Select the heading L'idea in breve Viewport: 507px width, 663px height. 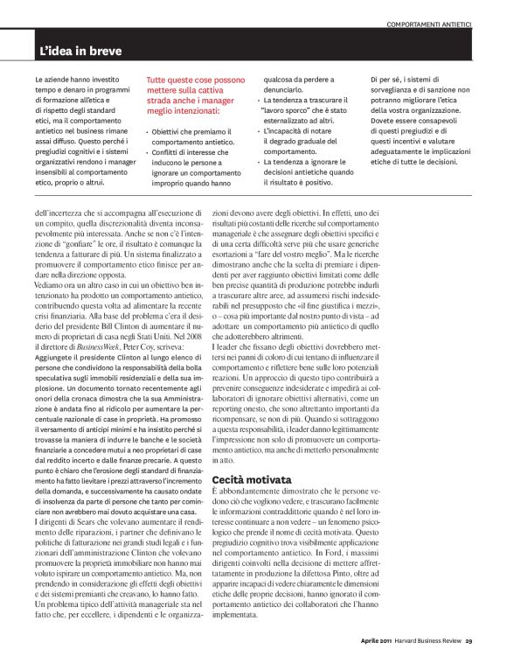pos(80,52)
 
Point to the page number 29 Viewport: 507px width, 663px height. pos(469,640)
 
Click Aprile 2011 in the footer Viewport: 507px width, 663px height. pos(378,640)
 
